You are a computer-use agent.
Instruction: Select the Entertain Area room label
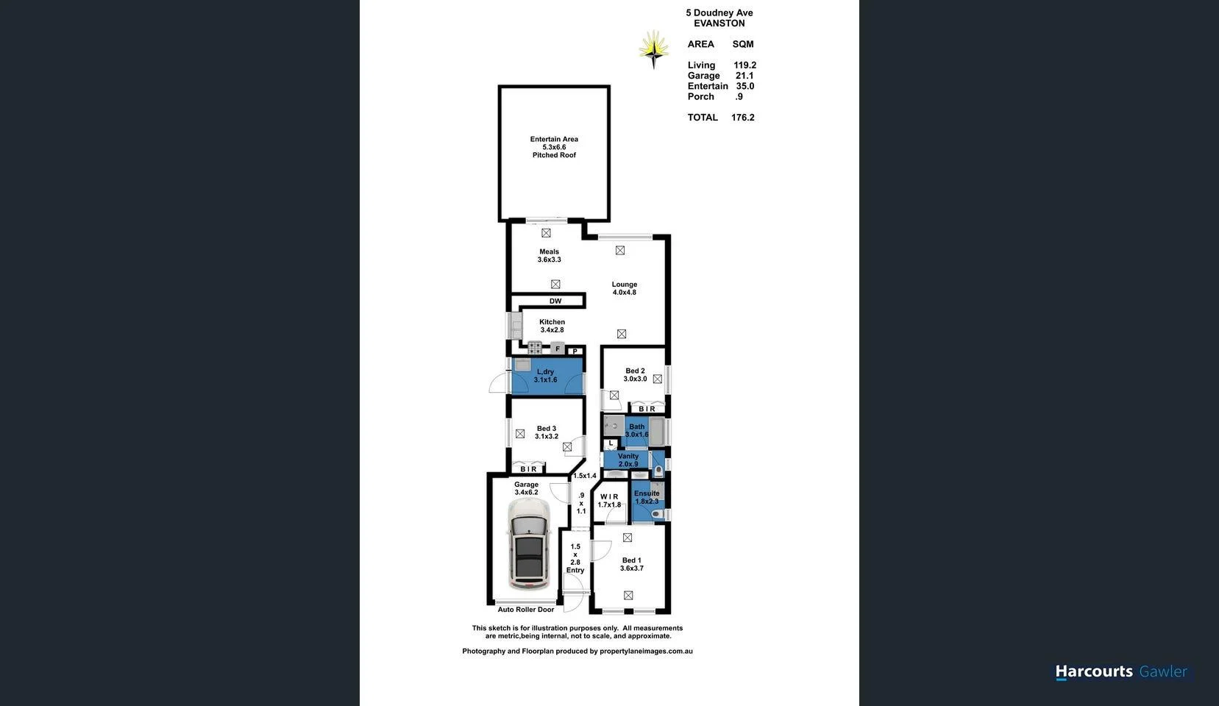[554, 147]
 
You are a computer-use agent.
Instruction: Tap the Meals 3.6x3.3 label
[549, 256]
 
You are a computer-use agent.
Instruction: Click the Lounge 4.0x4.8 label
[624, 288]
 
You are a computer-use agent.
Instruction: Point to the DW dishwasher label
[555, 301]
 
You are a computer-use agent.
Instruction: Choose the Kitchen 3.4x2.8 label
[552, 326]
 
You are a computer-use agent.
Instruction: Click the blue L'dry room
[546, 376]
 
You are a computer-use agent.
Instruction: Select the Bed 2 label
[635, 375]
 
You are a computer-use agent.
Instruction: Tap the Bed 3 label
[546, 432]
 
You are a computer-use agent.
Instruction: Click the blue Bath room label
[636, 430]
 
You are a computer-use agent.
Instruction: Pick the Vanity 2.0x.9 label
[628, 460]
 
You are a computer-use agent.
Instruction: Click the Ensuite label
[647, 497]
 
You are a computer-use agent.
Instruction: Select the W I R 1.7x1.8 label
[609, 501]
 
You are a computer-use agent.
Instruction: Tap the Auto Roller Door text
[525, 610]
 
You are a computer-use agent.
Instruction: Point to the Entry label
[575, 570]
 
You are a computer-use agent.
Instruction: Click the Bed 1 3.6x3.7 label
[631, 564]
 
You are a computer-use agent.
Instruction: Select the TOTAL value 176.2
[742, 118]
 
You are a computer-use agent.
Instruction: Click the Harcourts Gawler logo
[1120, 671]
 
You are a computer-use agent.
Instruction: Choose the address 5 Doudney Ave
[719, 13]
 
